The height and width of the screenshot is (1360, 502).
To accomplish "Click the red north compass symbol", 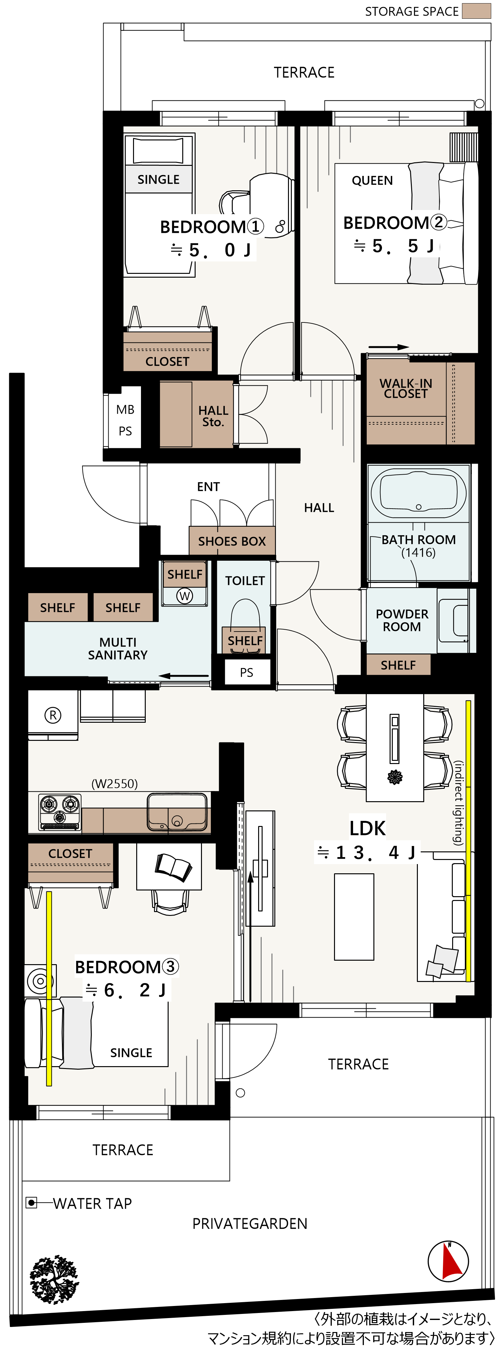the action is (448, 1261).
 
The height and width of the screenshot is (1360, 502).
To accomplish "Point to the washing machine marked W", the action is (184, 596).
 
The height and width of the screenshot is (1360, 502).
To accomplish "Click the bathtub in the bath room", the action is (418, 492).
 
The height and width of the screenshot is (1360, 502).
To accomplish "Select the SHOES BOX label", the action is (232, 541).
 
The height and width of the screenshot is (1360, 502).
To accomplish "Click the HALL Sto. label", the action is (213, 416).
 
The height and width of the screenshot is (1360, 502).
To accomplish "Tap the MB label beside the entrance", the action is (125, 410).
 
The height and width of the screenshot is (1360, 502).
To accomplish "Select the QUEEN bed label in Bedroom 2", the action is (372, 180).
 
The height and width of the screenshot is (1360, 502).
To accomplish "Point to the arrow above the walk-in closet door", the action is (389, 347).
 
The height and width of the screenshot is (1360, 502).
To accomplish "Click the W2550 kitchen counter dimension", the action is (115, 783).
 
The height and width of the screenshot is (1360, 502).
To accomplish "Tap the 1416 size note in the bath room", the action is (418, 553).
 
